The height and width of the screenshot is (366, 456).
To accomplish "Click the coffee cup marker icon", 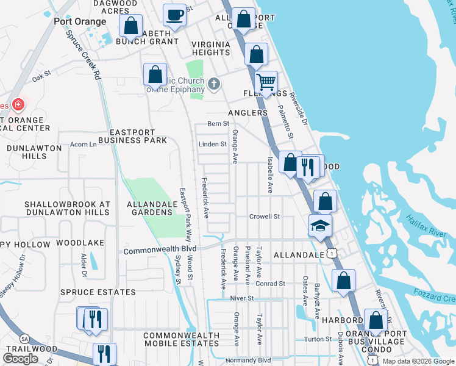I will [175, 14].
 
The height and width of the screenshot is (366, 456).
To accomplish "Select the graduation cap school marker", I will [320, 226].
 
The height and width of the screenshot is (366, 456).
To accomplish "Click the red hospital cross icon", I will [18, 105].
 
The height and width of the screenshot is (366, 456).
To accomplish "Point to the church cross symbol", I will [213, 84].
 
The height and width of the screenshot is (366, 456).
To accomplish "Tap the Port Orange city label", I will [80, 21].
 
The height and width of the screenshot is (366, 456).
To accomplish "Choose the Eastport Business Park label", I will [137, 136].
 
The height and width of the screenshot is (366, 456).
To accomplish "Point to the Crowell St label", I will [264, 217].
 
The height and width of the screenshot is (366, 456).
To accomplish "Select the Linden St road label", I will [212, 145].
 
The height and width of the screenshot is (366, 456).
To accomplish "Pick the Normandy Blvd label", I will [248, 360].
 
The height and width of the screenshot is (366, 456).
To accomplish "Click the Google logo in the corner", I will [20, 359].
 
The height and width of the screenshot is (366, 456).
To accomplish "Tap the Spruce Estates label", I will [89, 292].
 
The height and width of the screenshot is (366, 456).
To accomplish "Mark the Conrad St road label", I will [270, 284].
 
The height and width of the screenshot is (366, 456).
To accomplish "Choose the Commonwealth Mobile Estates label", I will [181, 340].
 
